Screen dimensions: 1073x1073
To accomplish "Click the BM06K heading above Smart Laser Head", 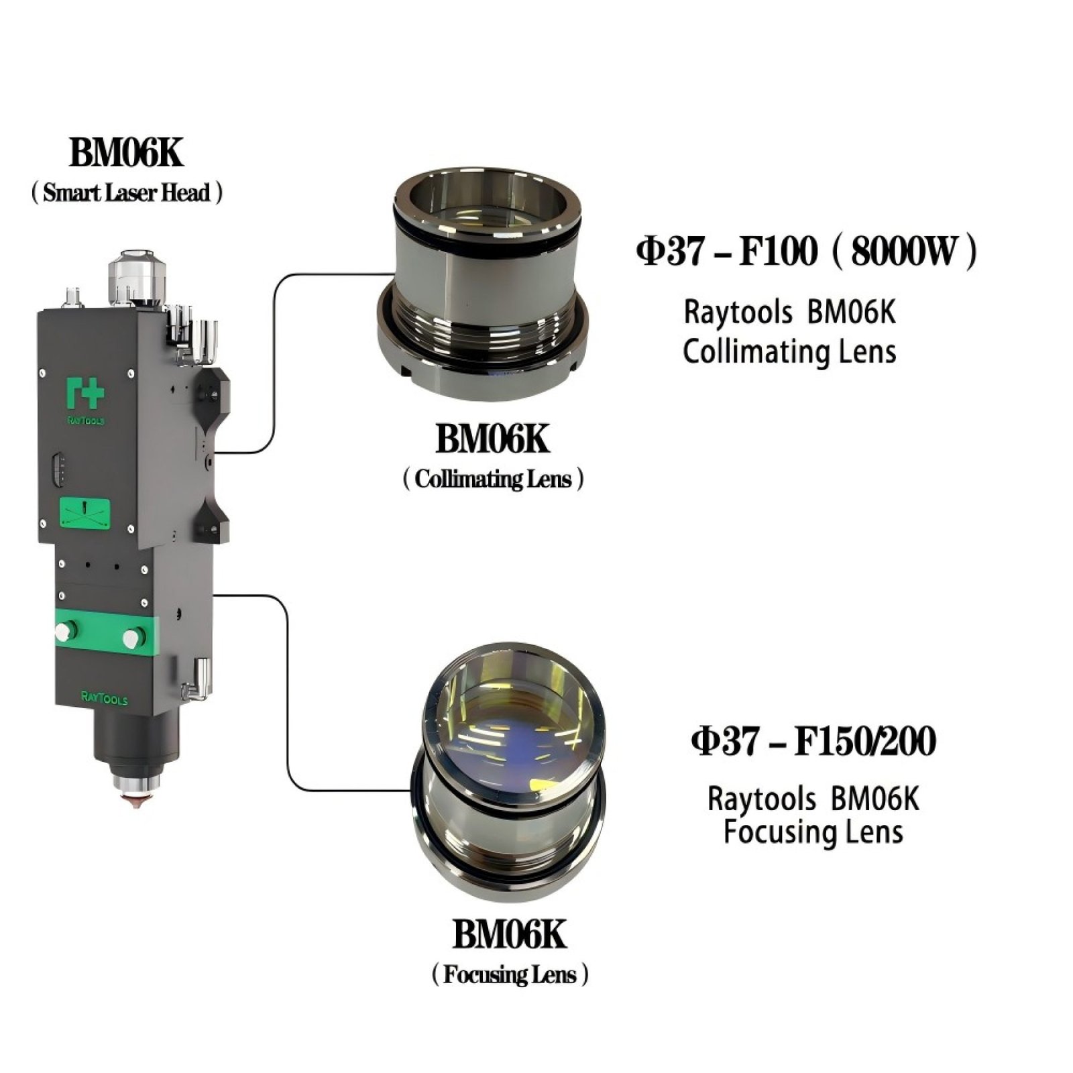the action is point(125,152).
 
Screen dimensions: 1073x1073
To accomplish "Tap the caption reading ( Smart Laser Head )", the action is point(127,193).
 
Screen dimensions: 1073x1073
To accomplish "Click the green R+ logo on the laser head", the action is point(86,394).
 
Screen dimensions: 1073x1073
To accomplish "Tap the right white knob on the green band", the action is point(134,637).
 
